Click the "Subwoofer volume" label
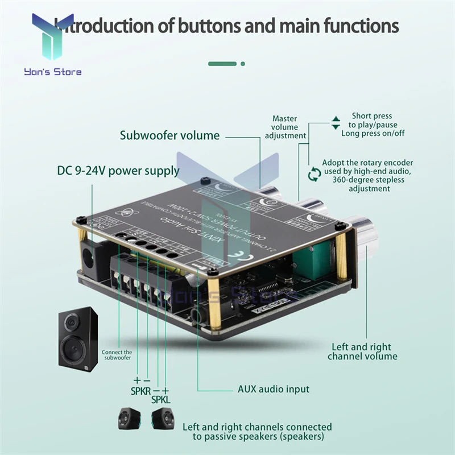click(169, 135)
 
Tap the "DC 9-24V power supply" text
click(118, 171)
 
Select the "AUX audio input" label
click(273, 389)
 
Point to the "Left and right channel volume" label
click(362, 351)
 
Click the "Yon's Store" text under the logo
click(53, 72)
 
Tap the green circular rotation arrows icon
click(313, 174)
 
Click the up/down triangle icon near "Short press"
click(336, 122)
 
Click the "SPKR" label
click(141, 391)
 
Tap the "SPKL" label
click(161, 400)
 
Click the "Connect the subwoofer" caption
click(117, 355)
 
